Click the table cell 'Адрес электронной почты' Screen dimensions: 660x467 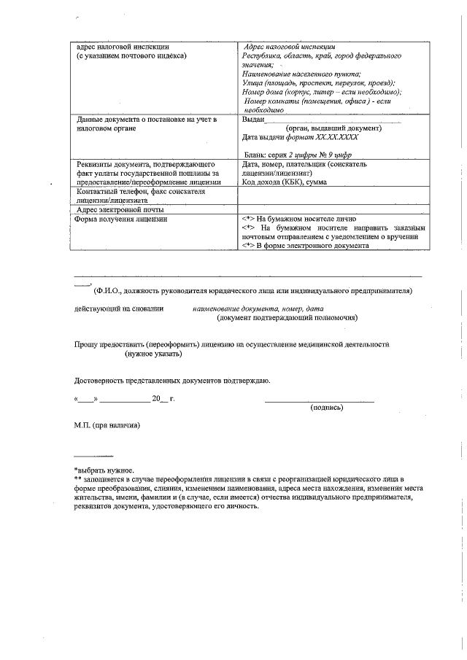(x=120, y=209)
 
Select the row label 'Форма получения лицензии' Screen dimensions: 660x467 (x=122, y=219)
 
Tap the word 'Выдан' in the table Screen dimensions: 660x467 (x=252, y=119)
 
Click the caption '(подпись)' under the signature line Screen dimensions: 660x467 (x=327, y=407)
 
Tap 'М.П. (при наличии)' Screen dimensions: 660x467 (x=107, y=425)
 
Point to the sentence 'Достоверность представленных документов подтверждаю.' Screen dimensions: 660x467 (x=173, y=381)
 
